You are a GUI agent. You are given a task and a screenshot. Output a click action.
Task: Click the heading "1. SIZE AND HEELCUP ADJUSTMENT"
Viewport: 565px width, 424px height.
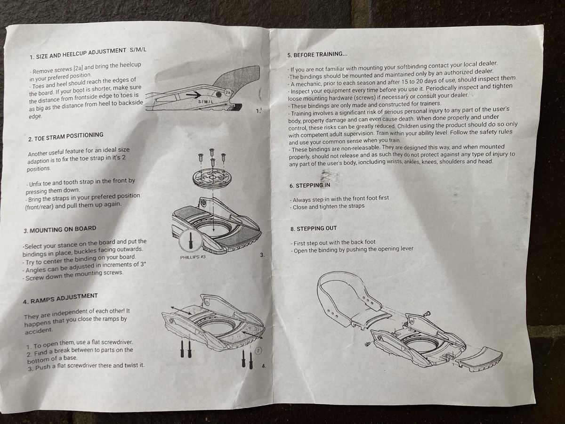click(x=78, y=54)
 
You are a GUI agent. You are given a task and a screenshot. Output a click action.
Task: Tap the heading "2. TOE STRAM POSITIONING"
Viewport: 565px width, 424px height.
click(x=65, y=137)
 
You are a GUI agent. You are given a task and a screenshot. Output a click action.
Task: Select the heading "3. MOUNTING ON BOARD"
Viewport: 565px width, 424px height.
click(x=60, y=229)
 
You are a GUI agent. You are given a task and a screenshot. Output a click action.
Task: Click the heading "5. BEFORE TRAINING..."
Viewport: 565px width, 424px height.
click(x=317, y=54)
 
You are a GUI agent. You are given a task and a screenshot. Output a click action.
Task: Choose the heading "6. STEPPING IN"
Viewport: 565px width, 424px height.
click(x=310, y=185)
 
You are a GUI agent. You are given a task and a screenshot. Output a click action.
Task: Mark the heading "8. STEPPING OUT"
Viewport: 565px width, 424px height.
click(x=314, y=228)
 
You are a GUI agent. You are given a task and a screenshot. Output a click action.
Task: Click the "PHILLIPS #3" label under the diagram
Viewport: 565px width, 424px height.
click(x=193, y=257)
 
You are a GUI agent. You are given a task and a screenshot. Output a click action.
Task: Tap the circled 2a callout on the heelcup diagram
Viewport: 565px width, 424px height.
click(x=228, y=92)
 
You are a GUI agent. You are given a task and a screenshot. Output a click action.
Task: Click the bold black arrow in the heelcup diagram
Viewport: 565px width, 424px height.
click(x=194, y=95)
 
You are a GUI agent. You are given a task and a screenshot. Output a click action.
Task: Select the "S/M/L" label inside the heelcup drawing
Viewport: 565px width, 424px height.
click(x=206, y=102)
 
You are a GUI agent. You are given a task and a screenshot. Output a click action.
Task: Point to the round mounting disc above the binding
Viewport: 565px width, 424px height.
click(x=212, y=178)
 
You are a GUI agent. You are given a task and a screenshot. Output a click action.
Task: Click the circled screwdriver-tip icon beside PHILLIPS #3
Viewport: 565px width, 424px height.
click(x=190, y=240)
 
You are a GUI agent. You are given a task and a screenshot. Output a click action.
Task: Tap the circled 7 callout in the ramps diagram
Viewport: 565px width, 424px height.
click(x=258, y=351)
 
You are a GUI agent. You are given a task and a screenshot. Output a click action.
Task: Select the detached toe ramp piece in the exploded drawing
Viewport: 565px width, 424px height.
click(x=480, y=359)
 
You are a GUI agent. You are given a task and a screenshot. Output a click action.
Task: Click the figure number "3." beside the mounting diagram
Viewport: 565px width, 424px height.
click(x=262, y=255)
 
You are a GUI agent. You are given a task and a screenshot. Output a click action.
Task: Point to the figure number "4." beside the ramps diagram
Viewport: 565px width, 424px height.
click(x=264, y=366)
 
